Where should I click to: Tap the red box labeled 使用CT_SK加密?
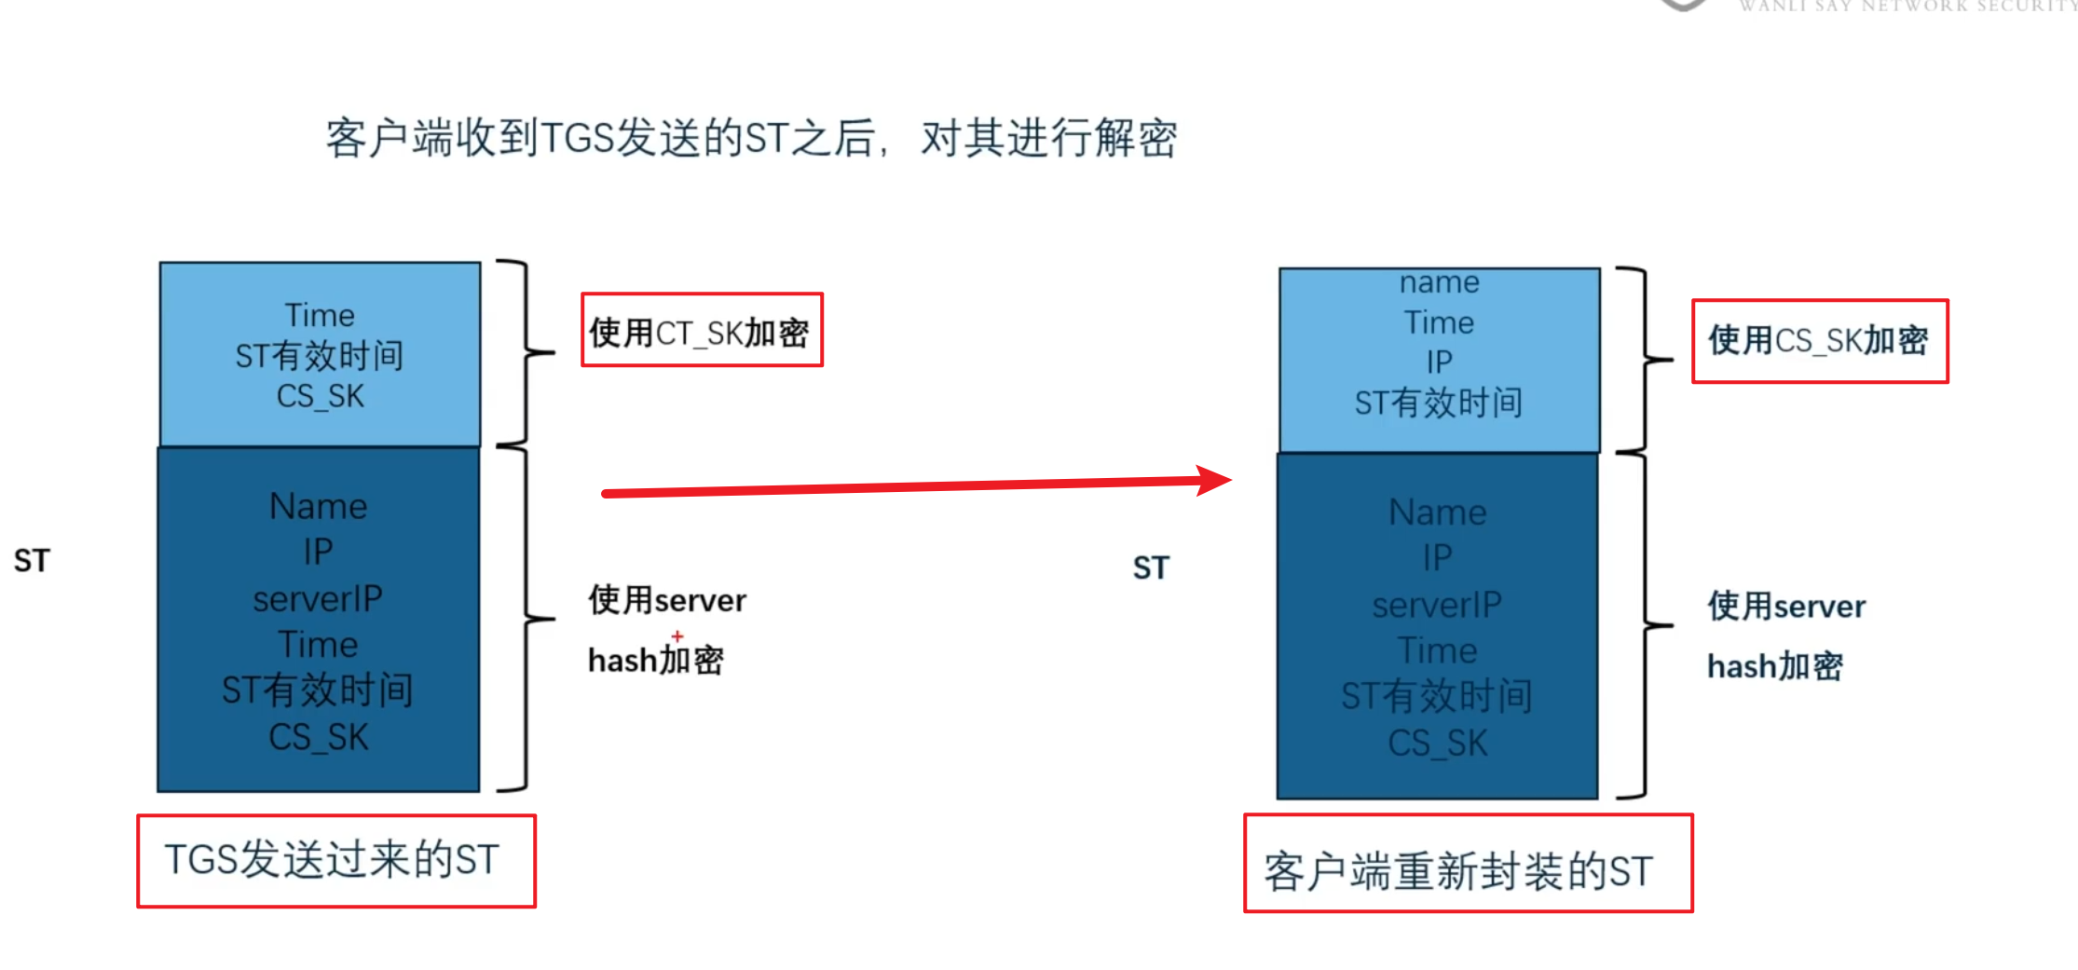coord(702,331)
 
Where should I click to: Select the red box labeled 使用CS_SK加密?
coord(1819,340)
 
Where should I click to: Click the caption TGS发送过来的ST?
coord(335,860)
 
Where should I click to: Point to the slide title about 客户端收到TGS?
coord(751,138)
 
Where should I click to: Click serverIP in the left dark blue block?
coord(318,598)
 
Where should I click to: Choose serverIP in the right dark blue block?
coord(1437,605)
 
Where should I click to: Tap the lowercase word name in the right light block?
coord(1439,281)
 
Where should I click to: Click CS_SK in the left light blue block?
coord(320,396)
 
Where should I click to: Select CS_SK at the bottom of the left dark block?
coord(319,737)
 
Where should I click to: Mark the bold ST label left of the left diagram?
coord(32,560)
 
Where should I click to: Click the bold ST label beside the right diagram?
coord(1151,567)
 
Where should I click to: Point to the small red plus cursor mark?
coord(677,635)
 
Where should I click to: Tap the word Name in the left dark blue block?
coord(319,506)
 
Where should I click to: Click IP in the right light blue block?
coord(1439,362)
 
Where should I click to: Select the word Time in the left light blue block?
coord(320,315)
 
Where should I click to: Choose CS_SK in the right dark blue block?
coord(1437,743)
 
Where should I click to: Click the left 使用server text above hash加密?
coord(667,600)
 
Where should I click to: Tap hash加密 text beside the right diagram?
coord(1774,666)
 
